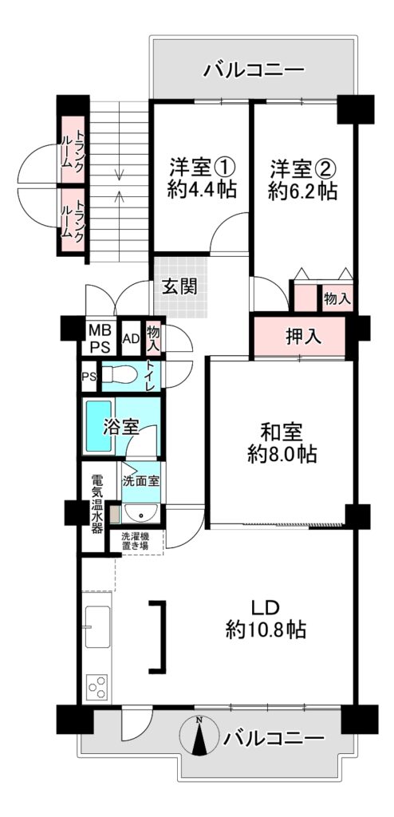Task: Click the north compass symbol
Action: [199, 736]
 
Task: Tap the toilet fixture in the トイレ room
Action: [120, 374]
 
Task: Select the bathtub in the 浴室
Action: [99, 426]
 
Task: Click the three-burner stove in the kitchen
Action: [97, 686]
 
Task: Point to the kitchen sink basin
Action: [97, 627]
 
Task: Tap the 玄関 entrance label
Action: [179, 286]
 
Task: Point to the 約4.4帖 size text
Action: [202, 189]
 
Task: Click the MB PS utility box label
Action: [99, 338]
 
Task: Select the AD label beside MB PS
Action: [131, 338]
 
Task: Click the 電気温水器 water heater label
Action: [97, 504]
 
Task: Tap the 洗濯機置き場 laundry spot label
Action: [135, 542]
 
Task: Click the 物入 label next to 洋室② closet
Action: [337, 298]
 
